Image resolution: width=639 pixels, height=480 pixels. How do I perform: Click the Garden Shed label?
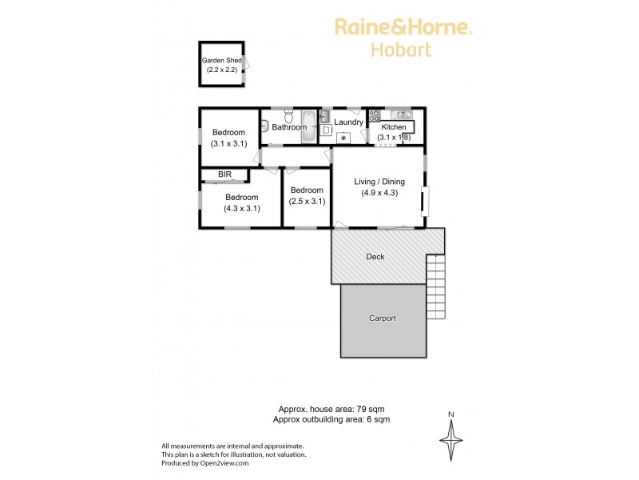coord(221,60)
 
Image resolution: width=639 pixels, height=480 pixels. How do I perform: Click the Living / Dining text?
coord(379,182)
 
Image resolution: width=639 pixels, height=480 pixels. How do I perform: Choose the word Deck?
coord(375,257)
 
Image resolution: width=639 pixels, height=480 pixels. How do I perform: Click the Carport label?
coord(382,318)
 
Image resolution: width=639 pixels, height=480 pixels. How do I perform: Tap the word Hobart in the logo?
coord(402,50)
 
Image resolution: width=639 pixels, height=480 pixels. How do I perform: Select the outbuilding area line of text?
coord(331,418)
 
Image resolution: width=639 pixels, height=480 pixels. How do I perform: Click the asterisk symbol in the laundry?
coord(343,138)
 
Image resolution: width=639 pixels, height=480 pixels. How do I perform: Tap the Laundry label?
coord(348,122)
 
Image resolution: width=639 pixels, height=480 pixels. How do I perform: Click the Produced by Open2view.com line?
coord(206,462)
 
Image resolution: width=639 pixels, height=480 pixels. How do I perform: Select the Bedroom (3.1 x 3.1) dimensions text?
coord(228,144)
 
